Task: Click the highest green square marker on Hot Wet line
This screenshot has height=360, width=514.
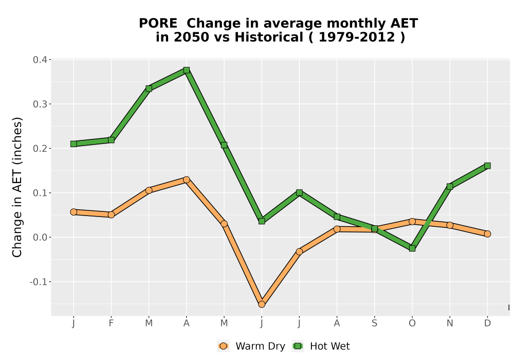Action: tap(187, 70)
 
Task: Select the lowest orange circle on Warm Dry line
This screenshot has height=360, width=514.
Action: tap(262, 304)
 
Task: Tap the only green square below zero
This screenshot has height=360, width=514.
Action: tap(412, 248)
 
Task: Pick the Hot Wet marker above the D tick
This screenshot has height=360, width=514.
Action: tap(487, 166)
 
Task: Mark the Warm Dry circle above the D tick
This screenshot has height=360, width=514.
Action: tap(487, 234)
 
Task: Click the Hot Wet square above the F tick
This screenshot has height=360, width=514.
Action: tap(111, 140)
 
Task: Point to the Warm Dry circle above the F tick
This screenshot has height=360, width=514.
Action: tap(111, 215)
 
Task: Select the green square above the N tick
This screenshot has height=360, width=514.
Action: tap(450, 187)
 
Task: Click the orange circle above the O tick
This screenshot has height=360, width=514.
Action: tap(412, 222)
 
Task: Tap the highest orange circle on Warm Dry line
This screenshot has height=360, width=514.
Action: tap(187, 179)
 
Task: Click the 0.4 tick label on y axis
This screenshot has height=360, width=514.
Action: tap(40, 60)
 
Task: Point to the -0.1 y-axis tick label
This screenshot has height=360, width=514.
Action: tap(39, 282)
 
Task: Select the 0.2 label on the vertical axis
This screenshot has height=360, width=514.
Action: tap(40, 149)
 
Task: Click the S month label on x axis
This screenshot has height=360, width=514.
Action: tap(374, 323)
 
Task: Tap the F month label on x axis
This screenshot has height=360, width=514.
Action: tap(111, 323)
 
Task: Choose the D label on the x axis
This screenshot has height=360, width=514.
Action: tap(487, 323)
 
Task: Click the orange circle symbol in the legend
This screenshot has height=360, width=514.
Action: tap(223, 346)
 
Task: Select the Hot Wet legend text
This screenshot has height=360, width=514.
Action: tap(330, 346)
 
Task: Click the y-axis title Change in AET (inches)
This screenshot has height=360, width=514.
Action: tap(17, 187)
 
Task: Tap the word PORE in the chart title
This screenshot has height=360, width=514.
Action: tap(158, 24)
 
